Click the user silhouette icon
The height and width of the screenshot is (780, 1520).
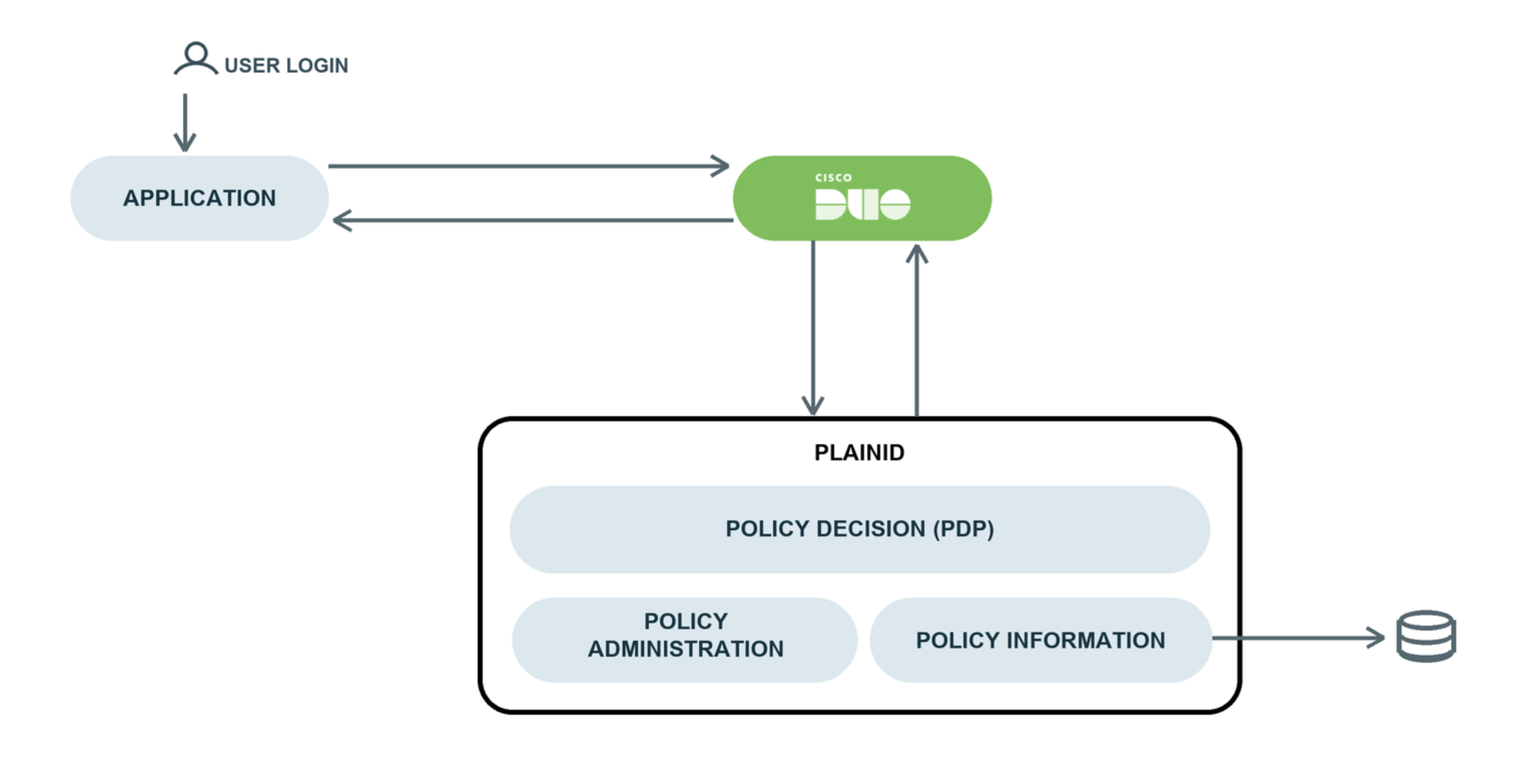pos(196,58)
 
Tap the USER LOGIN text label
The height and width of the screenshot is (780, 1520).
pos(286,66)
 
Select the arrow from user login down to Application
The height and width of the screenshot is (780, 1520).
pos(185,123)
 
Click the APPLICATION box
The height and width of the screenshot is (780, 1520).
pos(199,198)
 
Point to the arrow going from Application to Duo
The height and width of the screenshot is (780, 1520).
pos(529,166)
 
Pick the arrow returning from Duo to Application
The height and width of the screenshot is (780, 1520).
pos(533,221)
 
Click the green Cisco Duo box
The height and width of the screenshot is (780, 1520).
pos(862,198)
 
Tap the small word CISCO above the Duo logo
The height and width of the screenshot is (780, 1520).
pos(833,177)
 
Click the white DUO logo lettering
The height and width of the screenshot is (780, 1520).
pos(863,204)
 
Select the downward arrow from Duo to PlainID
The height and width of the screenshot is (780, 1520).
pos(813,328)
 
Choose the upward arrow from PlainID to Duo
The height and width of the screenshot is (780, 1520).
pos(917,330)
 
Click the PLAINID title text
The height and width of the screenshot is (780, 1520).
pos(859,452)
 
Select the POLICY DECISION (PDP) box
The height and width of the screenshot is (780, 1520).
pos(860,529)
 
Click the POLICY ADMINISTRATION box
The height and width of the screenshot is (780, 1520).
pos(684,640)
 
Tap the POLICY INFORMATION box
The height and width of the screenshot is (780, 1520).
pos(1041,640)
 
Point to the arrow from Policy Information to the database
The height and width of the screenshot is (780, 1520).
pos(1299,638)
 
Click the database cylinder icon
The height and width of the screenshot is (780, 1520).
pos(1426,636)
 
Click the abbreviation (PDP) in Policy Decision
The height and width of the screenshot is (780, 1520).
pos(964,529)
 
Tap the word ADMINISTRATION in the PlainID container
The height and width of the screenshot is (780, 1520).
pos(685,649)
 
